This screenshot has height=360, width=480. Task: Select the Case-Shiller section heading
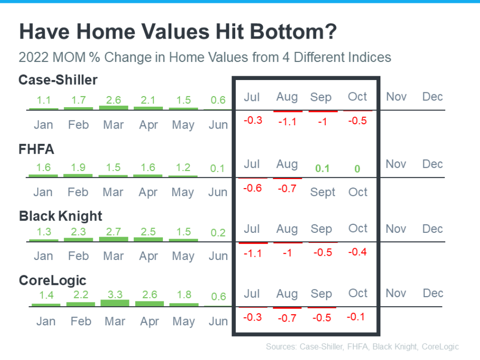click(58, 80)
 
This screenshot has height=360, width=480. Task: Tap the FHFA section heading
click(36, 150)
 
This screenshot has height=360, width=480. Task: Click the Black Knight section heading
click(60, 216)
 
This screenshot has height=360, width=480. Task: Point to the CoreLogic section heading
click(53, 281)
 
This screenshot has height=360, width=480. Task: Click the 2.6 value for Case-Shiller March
click(113, 100)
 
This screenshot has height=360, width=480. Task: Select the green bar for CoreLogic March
click(115, 303)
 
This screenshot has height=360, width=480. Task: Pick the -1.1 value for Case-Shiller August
click(287, 122)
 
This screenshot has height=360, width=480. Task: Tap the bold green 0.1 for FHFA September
click(322, 169)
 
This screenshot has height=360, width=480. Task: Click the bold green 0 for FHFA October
click(357, 169)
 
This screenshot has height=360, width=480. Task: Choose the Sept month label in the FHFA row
click(323, 192)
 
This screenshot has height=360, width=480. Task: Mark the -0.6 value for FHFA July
click(252, 188)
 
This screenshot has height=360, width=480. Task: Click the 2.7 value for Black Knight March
click(113, 232)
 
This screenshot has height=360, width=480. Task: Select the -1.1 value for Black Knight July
click(252, 253)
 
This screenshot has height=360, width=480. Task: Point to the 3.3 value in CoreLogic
click(115, 294)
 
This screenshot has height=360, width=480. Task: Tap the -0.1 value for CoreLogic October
click(356, 317)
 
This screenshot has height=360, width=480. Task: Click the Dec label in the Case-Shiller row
click(432, 97)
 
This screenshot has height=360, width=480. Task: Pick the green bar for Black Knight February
click(79, 240)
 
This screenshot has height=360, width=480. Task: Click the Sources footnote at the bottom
click(362, 347)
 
